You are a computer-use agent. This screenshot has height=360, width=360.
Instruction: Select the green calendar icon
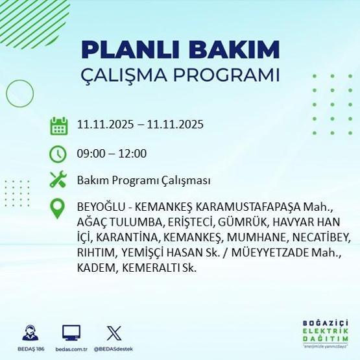(x=59, y=125)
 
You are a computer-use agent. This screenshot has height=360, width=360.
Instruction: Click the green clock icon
(x=59, y=154)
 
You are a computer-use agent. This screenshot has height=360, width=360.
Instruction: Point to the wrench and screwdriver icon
(x=59, y=180)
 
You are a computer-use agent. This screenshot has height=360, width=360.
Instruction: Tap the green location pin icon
(x=59, y=210)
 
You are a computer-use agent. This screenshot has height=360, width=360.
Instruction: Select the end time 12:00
(x=132, y=154)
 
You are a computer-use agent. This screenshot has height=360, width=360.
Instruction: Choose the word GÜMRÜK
(x=234, y=222)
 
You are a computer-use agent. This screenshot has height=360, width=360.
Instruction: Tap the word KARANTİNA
(x=127, y=237)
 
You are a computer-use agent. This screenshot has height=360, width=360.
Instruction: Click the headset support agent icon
(x=30, y=333)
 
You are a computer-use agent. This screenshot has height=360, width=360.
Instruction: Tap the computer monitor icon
(x=71, y=333)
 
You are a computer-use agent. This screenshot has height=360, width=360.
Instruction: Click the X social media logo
(x=113, y=333)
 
